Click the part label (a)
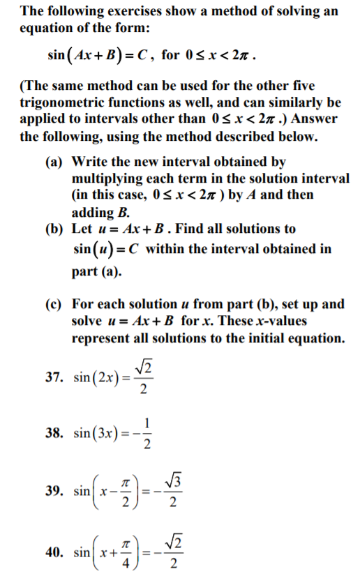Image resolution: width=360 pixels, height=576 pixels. point(55,162)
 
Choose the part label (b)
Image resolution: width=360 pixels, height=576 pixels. point(56,229)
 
